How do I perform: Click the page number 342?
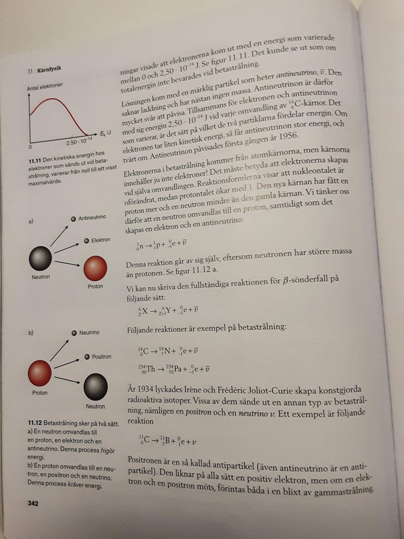point(33,503)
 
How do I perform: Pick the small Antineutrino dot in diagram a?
point(74,218)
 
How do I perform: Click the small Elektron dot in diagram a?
point(86,240)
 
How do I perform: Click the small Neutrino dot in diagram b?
point(74,333)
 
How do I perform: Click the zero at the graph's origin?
point(30,147)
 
